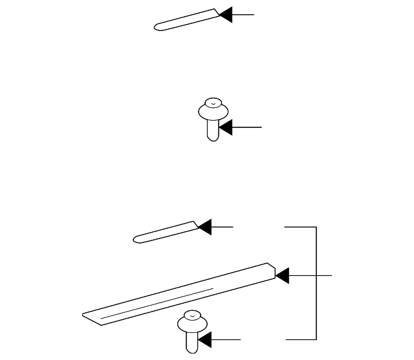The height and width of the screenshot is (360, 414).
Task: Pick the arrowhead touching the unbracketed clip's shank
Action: [x=225, y=128]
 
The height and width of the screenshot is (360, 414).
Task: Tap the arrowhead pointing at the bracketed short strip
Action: [x=204, y=227]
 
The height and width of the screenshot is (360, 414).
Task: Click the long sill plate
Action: [x=181, y=291]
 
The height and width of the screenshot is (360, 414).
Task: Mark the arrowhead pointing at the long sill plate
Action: [x=282, y=276]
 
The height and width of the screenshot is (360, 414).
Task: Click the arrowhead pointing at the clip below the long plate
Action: [x=204, y=339]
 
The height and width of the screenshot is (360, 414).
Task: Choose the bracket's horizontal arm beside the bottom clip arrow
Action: [x=301, y=339]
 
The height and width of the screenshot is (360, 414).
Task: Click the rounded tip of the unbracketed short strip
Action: [x=157, y=28]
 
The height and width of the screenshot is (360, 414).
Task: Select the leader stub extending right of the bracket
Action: [x=324, y=276]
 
